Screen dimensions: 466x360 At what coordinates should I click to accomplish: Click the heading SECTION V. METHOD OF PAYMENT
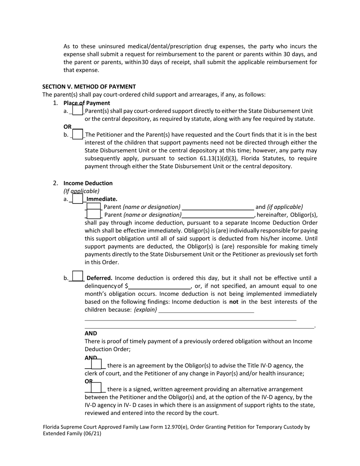pyautogui.click(x=89, y=86)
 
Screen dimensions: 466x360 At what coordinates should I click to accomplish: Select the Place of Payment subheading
pyautogui.click(x=87, y=103)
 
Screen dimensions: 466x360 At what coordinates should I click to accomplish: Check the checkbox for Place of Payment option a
pyautogui.click(x=77, y=110)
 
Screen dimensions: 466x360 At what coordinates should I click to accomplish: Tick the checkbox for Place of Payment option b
pyautogui.click(x=77, y=134)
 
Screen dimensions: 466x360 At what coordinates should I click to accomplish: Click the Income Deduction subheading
pyautogui.click(x=88, y=183)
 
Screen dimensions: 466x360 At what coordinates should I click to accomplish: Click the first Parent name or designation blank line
pyautogui.click(x=218, y=207)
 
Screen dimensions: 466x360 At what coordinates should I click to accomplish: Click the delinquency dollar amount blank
pyautogui.click(x=159, y=286)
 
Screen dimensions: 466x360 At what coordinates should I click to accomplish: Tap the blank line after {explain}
pyautogui.click(x=207, y=310)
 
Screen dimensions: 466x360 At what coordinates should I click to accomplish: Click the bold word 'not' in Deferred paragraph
pyautogui.click(x=234, y=302)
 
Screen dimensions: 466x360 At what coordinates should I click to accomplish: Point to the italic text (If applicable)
pyautogui.click(x=81, y=191)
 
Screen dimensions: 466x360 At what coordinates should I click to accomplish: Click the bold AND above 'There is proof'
pyautogui.click(x=91, y=333)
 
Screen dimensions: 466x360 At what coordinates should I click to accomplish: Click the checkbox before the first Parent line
pyautogui.click(x=94, y=206)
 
